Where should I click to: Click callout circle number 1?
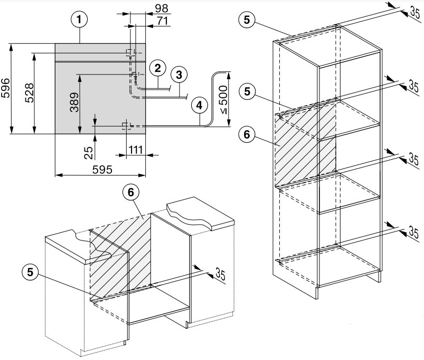coord(78,21)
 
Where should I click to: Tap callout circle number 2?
coord(157,68)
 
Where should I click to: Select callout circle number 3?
coord(179,75)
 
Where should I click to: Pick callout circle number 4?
coord(199,105)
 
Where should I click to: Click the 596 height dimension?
coord(6,89)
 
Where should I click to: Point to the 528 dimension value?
coord(30,93)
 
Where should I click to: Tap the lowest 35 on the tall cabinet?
coord(414,232)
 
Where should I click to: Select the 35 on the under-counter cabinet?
coord(220,274)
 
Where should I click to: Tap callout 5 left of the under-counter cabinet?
coord(31,272)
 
